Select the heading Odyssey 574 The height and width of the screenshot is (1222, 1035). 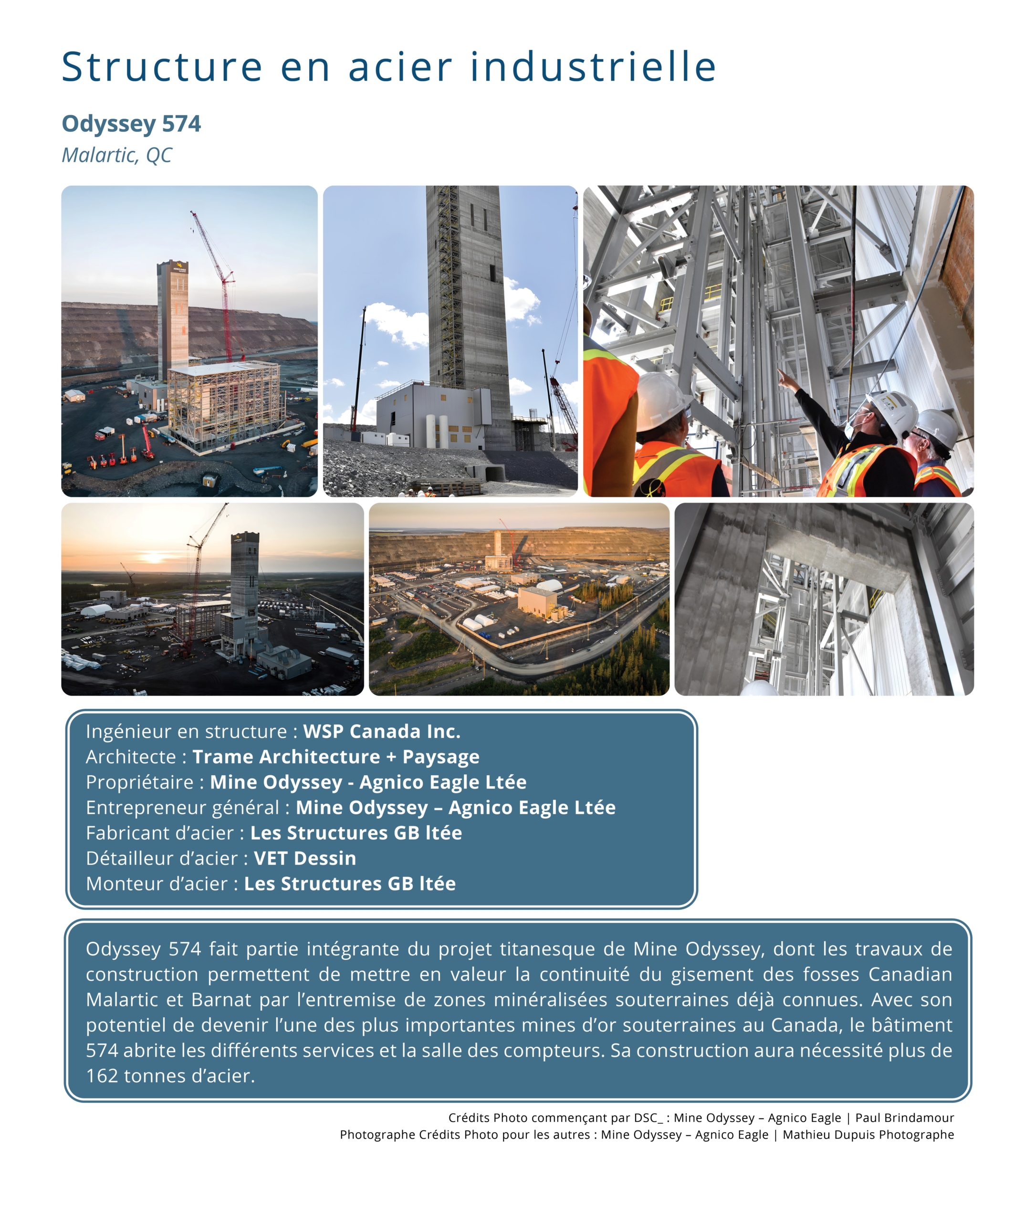tap(131, 124)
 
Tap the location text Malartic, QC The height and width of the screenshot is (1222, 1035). tap(117, 156)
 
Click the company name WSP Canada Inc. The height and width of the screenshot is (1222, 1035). tap(381, 731)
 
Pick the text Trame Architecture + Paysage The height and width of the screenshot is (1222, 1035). tap(335, 757)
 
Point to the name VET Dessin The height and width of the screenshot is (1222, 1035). tap(304, 858)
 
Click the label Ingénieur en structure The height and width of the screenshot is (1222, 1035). tap(186, 731)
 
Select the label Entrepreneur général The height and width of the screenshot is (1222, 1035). tap(182, 808)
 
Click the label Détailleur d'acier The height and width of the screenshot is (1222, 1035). tap(161, 858)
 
